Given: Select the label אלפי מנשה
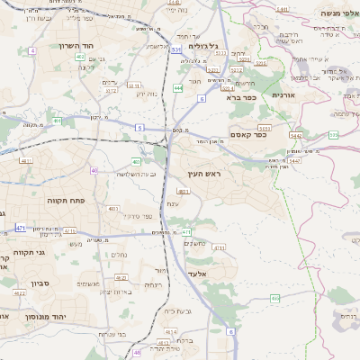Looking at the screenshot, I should tap(334, 14).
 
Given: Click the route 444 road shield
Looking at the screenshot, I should tap(178, 88).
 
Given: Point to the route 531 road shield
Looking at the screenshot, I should tap(175, 50).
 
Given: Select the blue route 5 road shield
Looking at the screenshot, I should tap(139, 128).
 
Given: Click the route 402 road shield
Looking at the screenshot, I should tap(81, 57).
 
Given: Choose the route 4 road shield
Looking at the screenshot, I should tap(32, 50).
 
